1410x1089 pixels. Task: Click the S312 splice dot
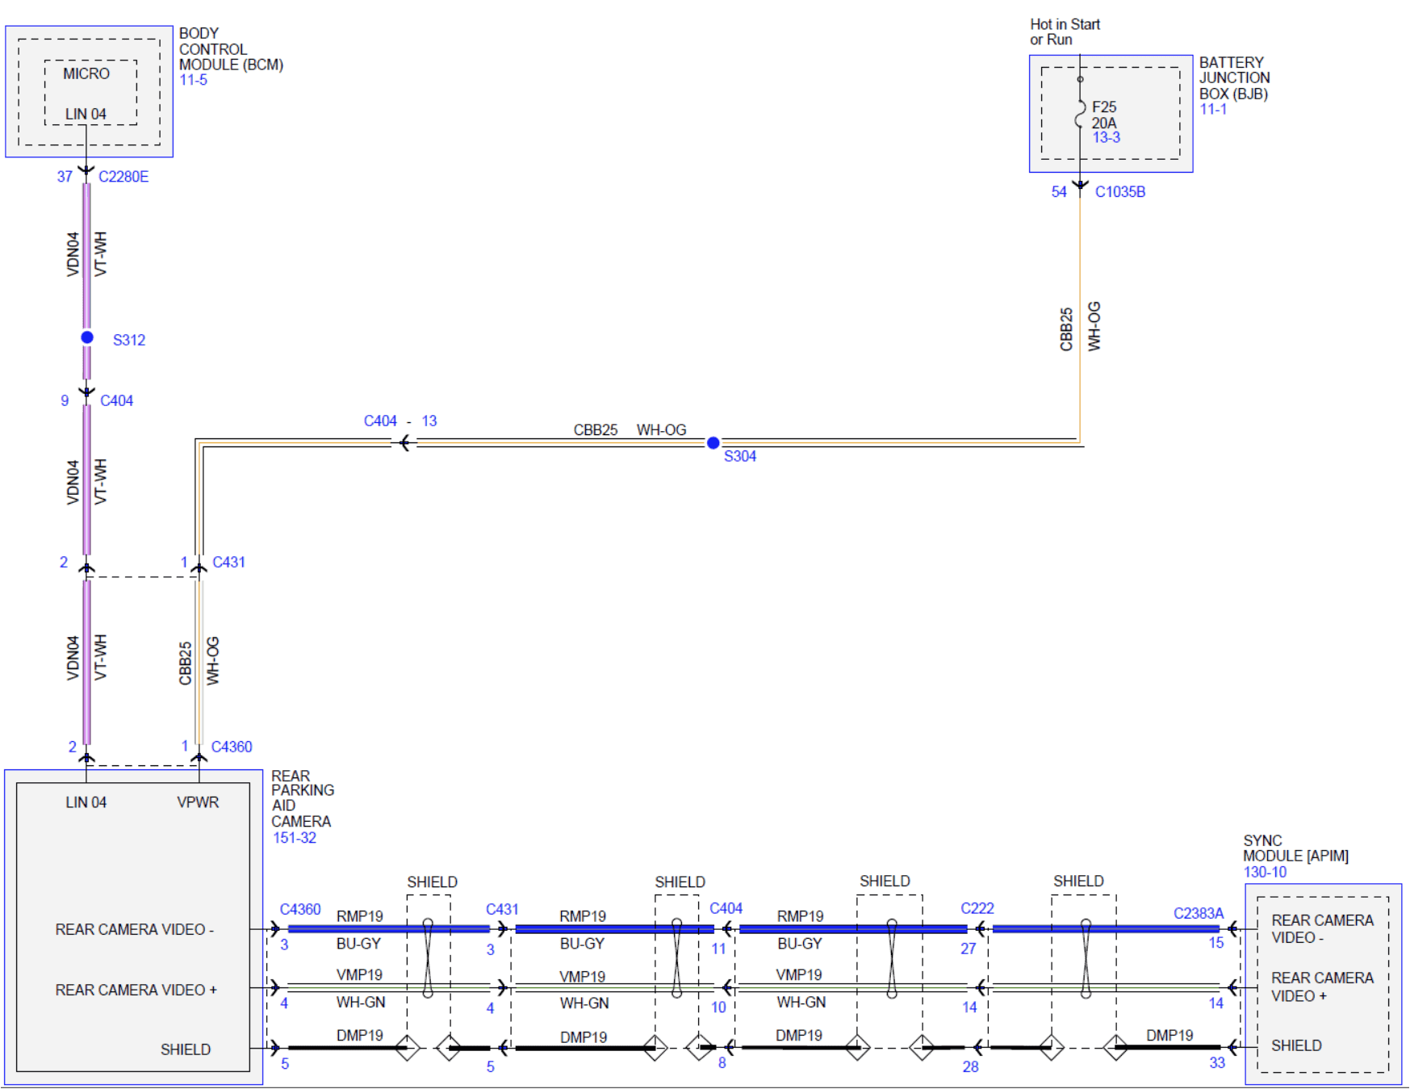point(87,337)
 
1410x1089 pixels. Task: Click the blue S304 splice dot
point(713,442)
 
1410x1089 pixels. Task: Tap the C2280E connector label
point(123,177)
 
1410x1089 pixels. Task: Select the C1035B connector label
point(1119,192)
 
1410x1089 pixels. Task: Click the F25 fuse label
point(1104,107)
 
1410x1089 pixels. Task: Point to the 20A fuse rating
point(1104,123)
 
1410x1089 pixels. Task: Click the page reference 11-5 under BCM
point(193,80)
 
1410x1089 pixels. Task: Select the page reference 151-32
point(295,838)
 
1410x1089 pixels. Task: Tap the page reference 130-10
point(1265,872)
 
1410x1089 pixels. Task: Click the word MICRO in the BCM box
point(86,73)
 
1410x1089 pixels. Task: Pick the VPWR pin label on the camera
point(198,802)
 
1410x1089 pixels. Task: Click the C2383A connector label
point(1199,913)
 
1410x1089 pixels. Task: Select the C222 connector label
point(977,908)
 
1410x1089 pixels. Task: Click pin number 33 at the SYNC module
point(1217,1063)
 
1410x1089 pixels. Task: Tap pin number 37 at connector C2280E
point(65,177)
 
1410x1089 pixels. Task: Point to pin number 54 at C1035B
point(1059,192)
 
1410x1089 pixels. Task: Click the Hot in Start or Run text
point(1065,32)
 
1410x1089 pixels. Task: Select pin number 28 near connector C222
point(970,1066)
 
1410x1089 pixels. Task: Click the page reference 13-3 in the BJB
point(1107,137)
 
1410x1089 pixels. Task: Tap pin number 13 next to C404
point(429,421)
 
